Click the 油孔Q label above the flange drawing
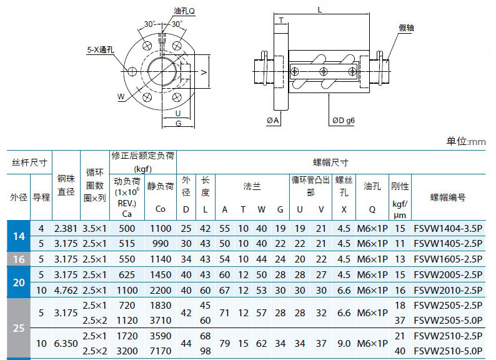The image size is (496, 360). (x=184, y=11)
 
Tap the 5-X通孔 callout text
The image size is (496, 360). (x=101, y=50)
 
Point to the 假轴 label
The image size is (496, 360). (x=406, y=28)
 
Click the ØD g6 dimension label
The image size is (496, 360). (x=343, y=121)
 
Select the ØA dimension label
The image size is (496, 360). (x=272, y=121)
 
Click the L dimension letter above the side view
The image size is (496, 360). (x=320, y=10)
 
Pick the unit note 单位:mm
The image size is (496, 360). (x=466, y=141)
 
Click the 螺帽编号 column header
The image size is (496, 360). (x=448, y=197)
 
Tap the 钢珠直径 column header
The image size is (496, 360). (x=66, y=185)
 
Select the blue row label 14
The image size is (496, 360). (x=19, y=236)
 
